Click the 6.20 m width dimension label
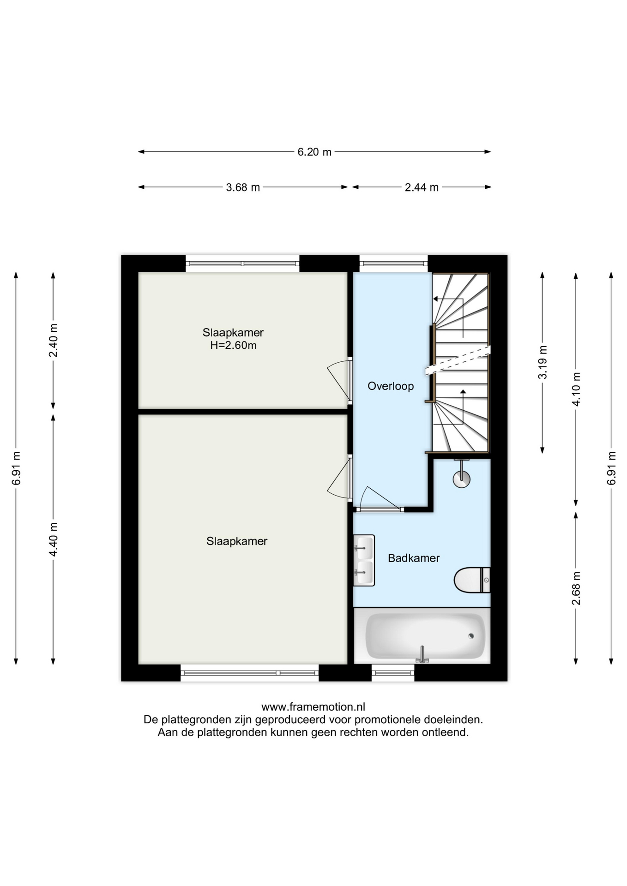(x=314, y=152)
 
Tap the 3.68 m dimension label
(x=243, y=187)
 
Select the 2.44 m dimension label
(x=422, y=187)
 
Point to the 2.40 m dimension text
(x=54, y=340)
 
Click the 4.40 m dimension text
(x=54, y=539)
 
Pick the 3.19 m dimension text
(x=543, y=362)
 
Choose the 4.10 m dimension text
(x=576, y=389)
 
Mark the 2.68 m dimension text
(x=576, y=588)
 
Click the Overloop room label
(x=391, y=386)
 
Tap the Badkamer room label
(x=414, y=558)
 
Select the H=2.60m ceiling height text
(x=233, y=346)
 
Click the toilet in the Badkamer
(x=472, y=580)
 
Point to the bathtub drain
(x=471, y=636)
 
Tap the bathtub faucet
(x=422, y=654)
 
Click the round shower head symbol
(x=461, y=479)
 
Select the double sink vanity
(x=364, y=560)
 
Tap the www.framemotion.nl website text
(x=313, y=707)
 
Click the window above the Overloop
(x=393, y=263)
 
